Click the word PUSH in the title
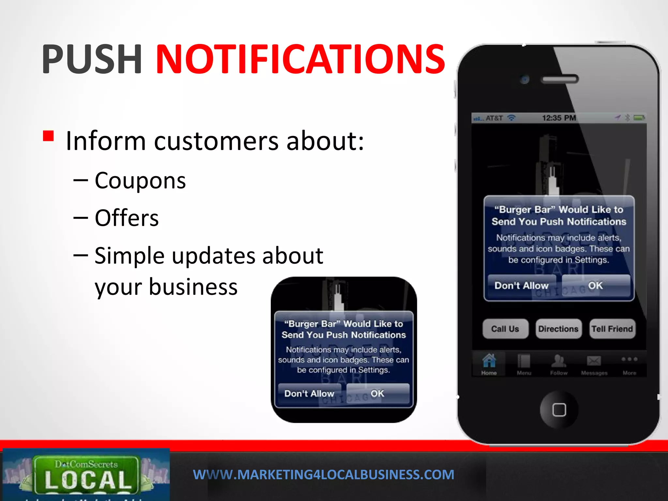pos(92,59)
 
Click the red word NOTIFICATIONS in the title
pos(300,59)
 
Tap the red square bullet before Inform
pos(48,136)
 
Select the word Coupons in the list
pos(140,181)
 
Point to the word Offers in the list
pos(127,218)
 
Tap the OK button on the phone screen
pos(596,286)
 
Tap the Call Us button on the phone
pos(505,329)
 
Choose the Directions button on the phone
pos(558,329)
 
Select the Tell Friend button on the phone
pos(612,329)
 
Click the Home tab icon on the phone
pos(489,361)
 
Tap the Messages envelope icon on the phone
pos(594,361)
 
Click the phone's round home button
pos(559,410)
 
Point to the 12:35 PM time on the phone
pos(559,118)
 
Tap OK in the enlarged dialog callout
pos(377,394)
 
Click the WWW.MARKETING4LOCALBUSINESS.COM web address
pos(324,475)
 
